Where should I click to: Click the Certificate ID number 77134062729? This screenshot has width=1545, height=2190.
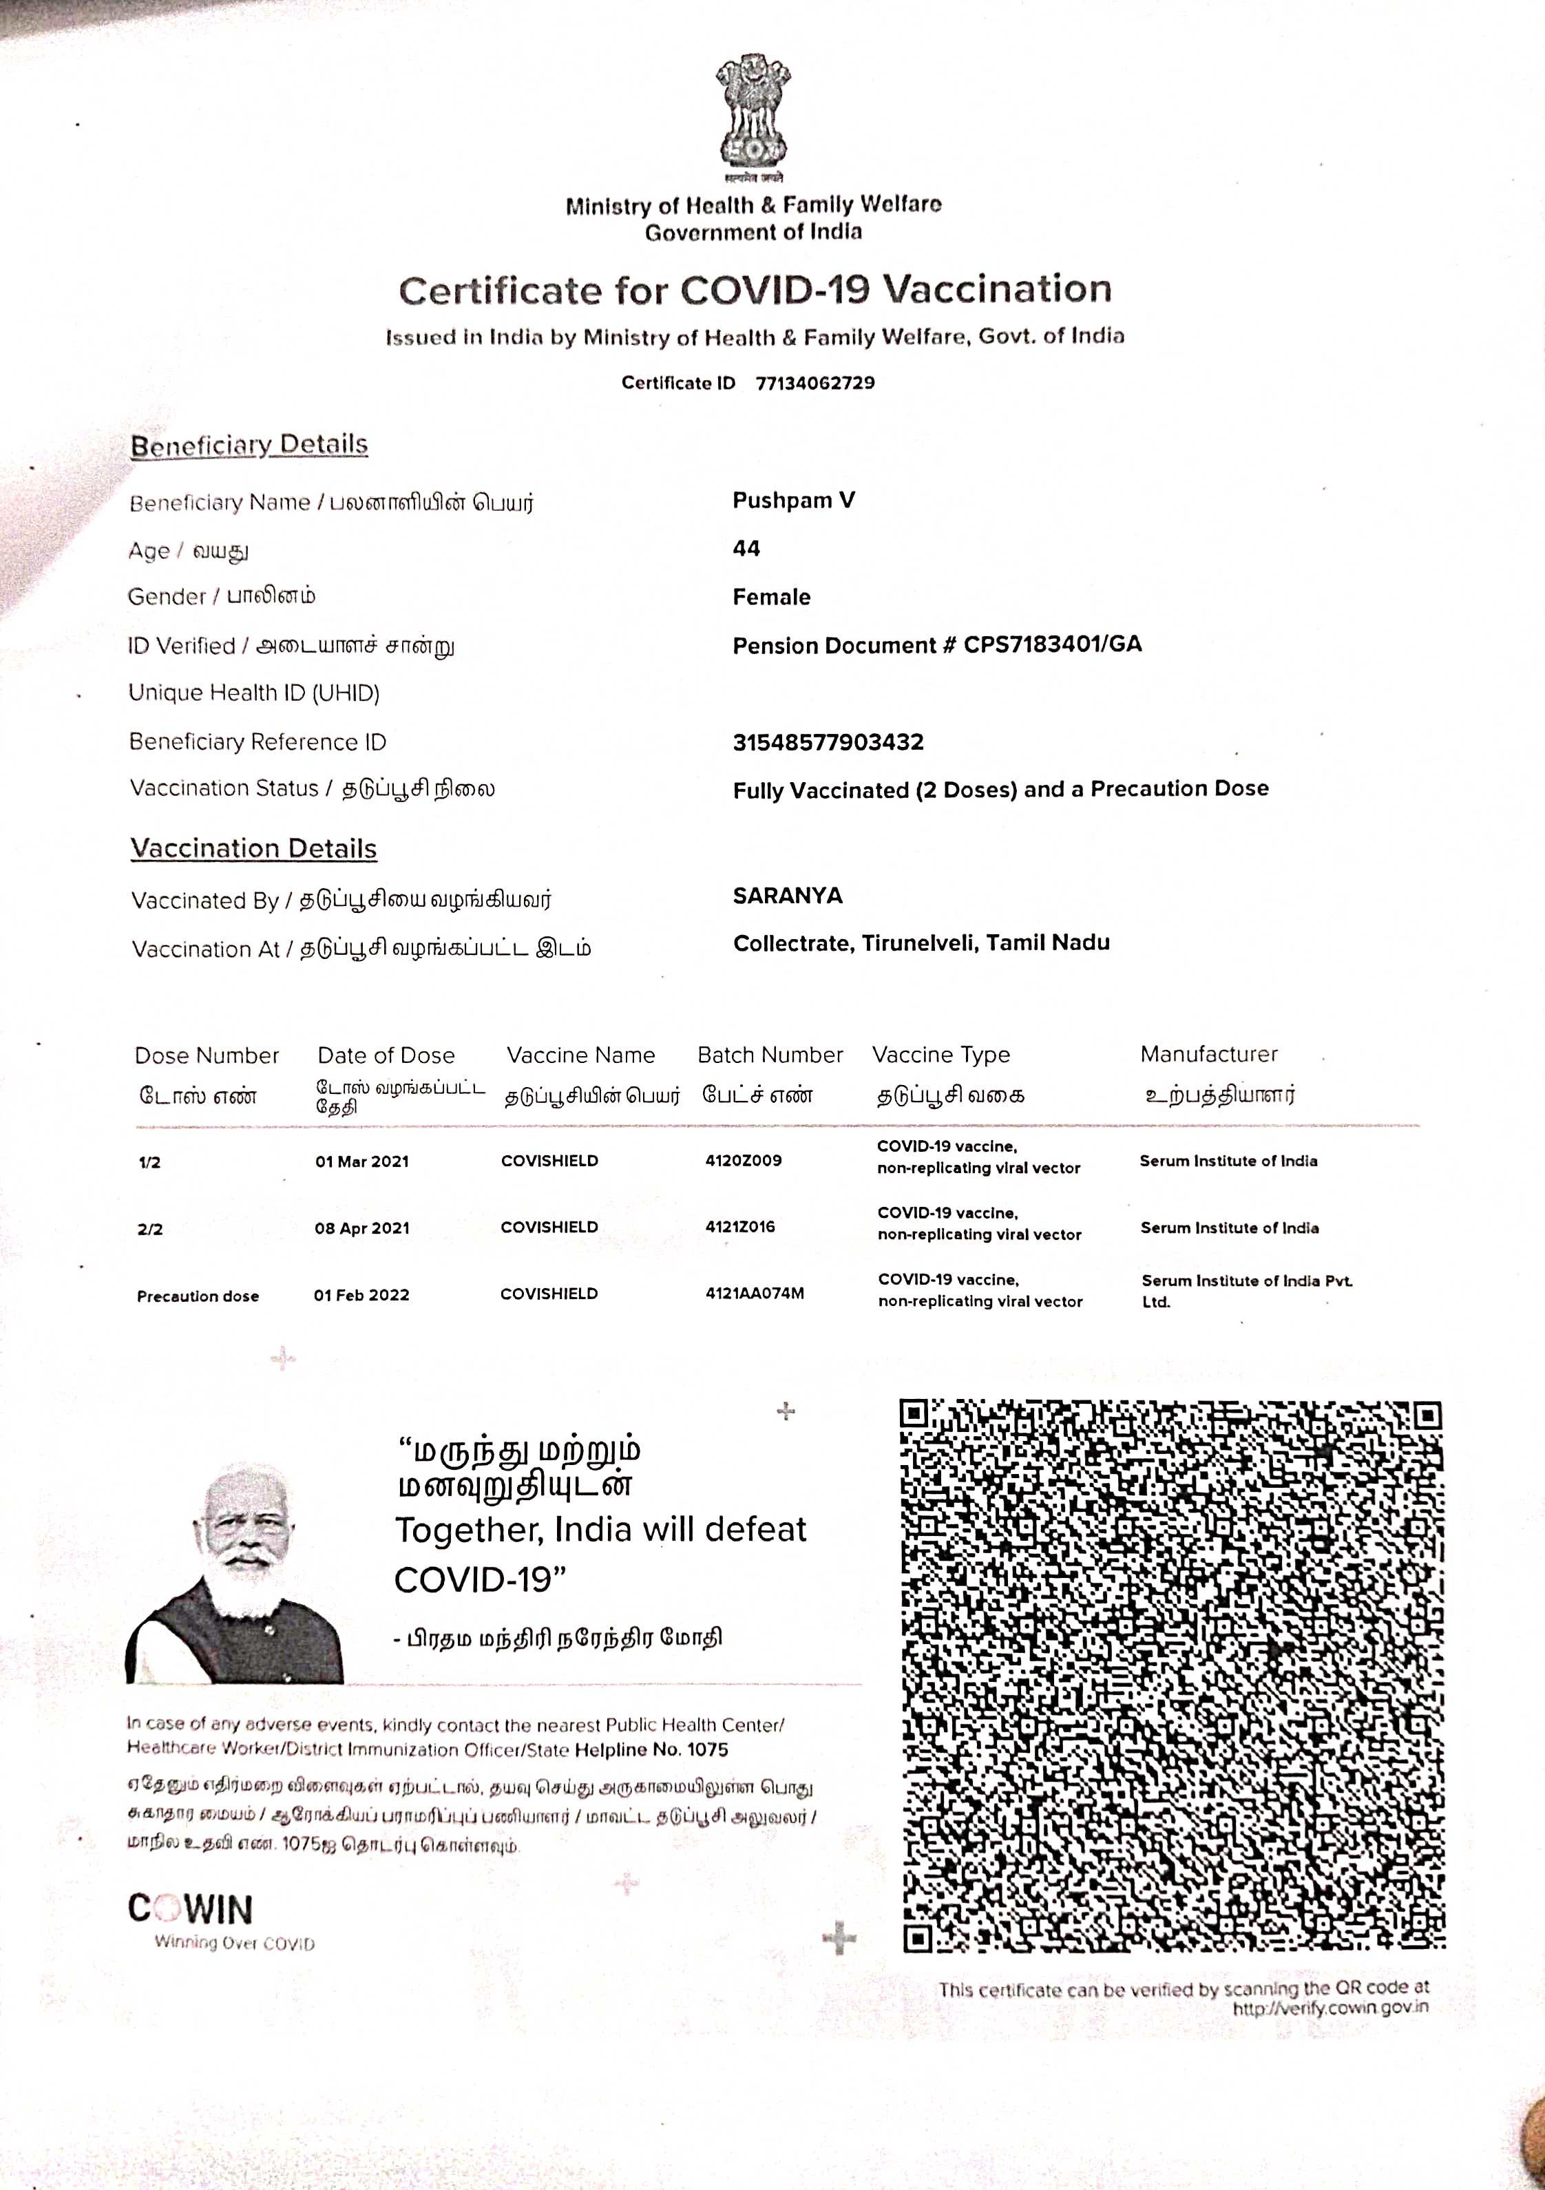pos(814,383)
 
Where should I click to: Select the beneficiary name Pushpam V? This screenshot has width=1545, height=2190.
pos(793,501)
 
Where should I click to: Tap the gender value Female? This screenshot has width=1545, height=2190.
pos(772,597)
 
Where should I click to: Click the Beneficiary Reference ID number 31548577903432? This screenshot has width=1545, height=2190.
pos(828,742)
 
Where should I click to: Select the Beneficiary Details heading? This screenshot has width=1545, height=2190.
pos(249,445)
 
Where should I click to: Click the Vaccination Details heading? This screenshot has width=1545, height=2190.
pos(253,848)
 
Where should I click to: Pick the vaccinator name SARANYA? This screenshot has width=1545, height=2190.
pos(788,896)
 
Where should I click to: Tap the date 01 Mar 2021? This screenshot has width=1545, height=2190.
pos(362,1161)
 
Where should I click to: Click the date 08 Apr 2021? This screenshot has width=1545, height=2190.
pos(362,1228)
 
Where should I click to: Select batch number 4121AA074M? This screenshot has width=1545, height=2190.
pos(755,1294)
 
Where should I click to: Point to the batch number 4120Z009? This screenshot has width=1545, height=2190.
pos(743,1161)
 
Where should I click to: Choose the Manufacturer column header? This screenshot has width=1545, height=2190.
pos(1208,1054)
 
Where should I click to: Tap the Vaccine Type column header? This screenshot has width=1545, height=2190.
pos(940,1055)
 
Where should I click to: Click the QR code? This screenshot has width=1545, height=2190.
pos(1172,1675)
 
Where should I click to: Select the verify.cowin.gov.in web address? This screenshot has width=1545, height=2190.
pos(1330,2008)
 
